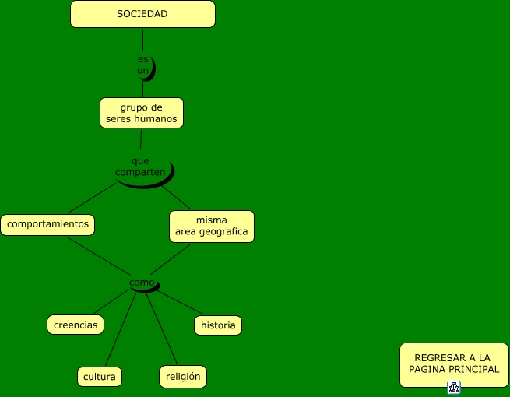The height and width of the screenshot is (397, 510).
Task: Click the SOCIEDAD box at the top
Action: click(142, 14)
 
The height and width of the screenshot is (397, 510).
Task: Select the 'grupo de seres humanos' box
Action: click(142, 113)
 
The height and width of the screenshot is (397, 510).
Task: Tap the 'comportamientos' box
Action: click(47, 225)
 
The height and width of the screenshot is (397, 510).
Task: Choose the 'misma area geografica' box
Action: click(212, 226)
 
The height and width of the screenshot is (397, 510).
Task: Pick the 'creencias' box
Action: click(76, 325)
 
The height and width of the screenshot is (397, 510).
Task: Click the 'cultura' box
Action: click(100, 377)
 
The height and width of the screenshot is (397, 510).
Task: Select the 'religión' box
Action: click(183, 377)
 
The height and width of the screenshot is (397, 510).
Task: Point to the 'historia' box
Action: click(218, 325)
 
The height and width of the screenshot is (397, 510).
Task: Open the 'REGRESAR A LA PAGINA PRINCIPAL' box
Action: click(454, 364)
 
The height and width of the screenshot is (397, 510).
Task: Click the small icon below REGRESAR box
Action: click(454, 387)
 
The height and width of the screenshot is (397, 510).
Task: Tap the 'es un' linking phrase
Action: click(142, 65)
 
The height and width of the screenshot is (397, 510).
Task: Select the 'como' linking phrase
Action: click(142, 283)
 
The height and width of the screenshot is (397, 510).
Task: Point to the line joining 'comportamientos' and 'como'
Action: click(99, 258)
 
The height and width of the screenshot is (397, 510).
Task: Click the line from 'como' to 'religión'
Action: click(157, 327)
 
